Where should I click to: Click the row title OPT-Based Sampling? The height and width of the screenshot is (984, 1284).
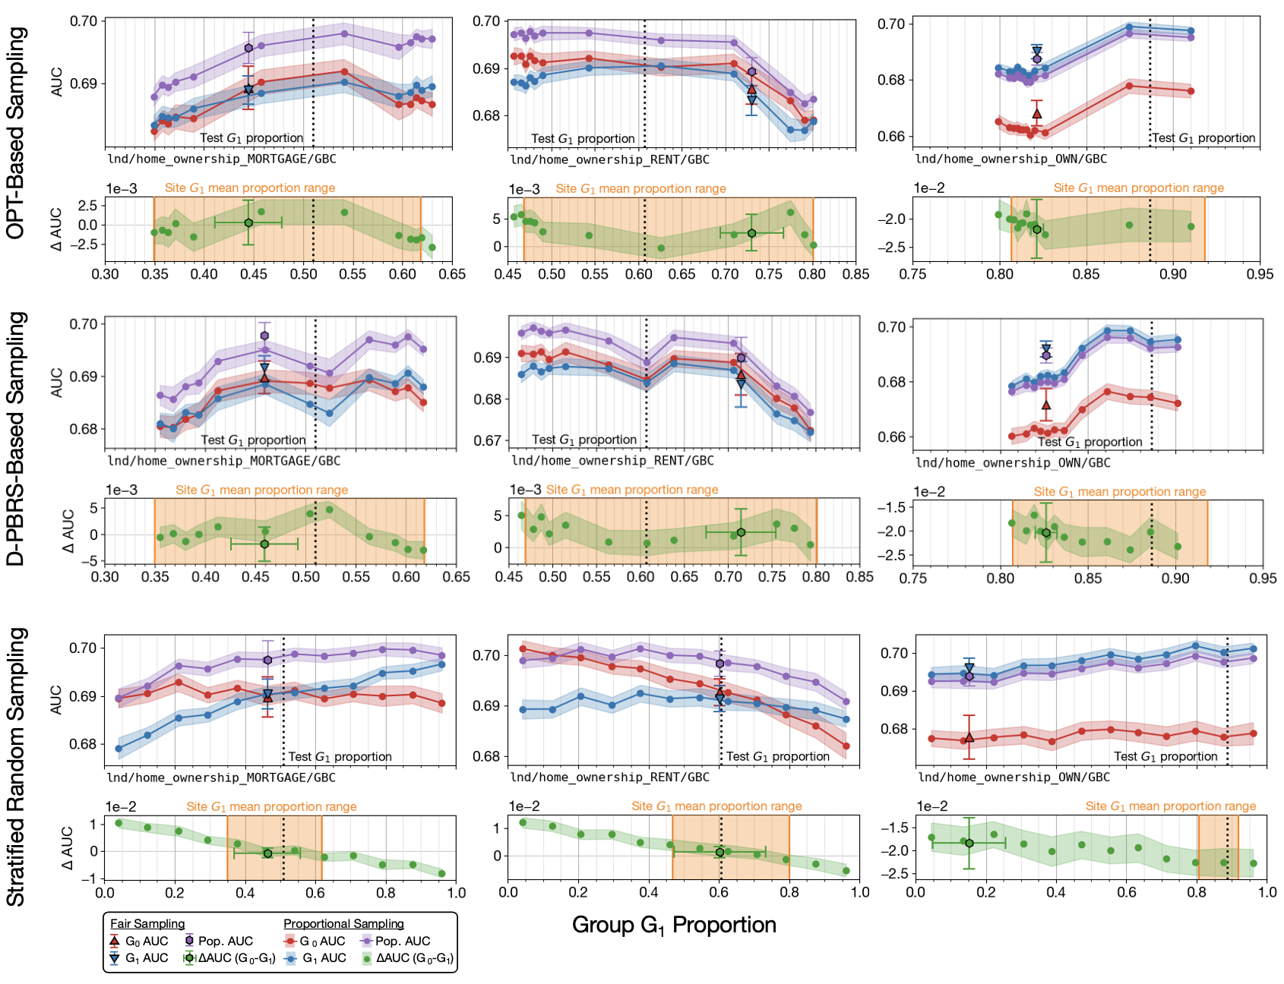tap(17, 133)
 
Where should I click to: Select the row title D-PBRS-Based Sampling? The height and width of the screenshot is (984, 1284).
tap(17, 439)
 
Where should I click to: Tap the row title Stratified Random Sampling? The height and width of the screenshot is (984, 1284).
tap(17, 767)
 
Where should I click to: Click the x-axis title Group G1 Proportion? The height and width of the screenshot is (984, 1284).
tap(674, 925)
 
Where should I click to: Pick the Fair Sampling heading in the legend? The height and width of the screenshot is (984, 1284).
tap(147, 923)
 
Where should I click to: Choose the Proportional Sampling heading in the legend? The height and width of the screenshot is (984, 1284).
tap(343, 923)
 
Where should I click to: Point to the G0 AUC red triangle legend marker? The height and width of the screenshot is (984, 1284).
tap(115, 941)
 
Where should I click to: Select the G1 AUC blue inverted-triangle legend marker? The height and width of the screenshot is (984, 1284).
tap(115, 958)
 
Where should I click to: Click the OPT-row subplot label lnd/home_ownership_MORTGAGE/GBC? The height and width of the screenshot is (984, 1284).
tap(222, 159)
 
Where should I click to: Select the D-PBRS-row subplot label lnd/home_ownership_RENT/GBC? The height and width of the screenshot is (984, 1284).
tap(612, 460)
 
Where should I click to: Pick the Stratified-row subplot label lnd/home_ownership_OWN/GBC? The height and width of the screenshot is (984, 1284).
tap(1014, 777)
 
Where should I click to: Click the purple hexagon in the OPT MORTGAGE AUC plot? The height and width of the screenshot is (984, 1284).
tap(248, 48)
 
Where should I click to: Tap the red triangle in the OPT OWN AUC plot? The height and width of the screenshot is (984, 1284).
tap(1037, 114)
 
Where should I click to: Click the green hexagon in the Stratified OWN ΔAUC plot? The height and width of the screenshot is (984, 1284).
tap(969, 843)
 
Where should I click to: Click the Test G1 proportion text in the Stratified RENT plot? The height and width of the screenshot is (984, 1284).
tap(778, 756)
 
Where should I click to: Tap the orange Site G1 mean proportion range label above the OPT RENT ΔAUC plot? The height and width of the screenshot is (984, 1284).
tap(640, 188)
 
